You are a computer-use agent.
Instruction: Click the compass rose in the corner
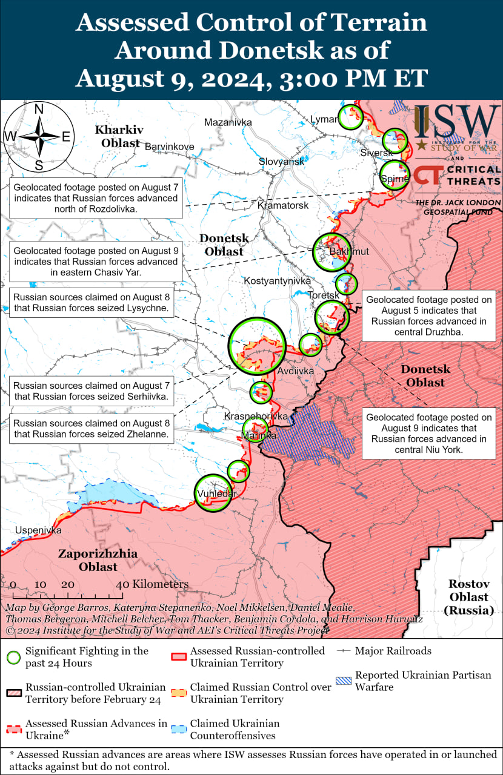[38, 137]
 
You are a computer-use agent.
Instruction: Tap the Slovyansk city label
[281, 162]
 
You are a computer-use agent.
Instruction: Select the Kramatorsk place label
[283, 205]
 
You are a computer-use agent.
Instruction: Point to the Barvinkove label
[169, 147]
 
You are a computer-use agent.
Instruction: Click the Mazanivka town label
[228, 122]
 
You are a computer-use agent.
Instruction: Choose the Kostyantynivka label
[277, 281]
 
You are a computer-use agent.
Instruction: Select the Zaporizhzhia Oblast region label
[98, 560]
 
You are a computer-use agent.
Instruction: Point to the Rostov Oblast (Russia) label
[468, 597]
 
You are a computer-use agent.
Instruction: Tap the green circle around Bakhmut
[332, 251]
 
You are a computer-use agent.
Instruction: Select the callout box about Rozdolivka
[96, 198]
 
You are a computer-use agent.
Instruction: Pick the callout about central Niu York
[429, 434]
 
